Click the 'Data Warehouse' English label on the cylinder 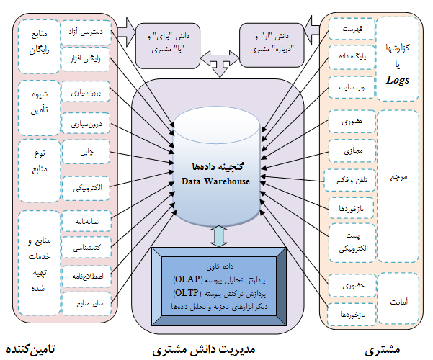tap(215, 181)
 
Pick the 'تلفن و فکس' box tap(350, 177)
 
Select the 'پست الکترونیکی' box tap(350, 239)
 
